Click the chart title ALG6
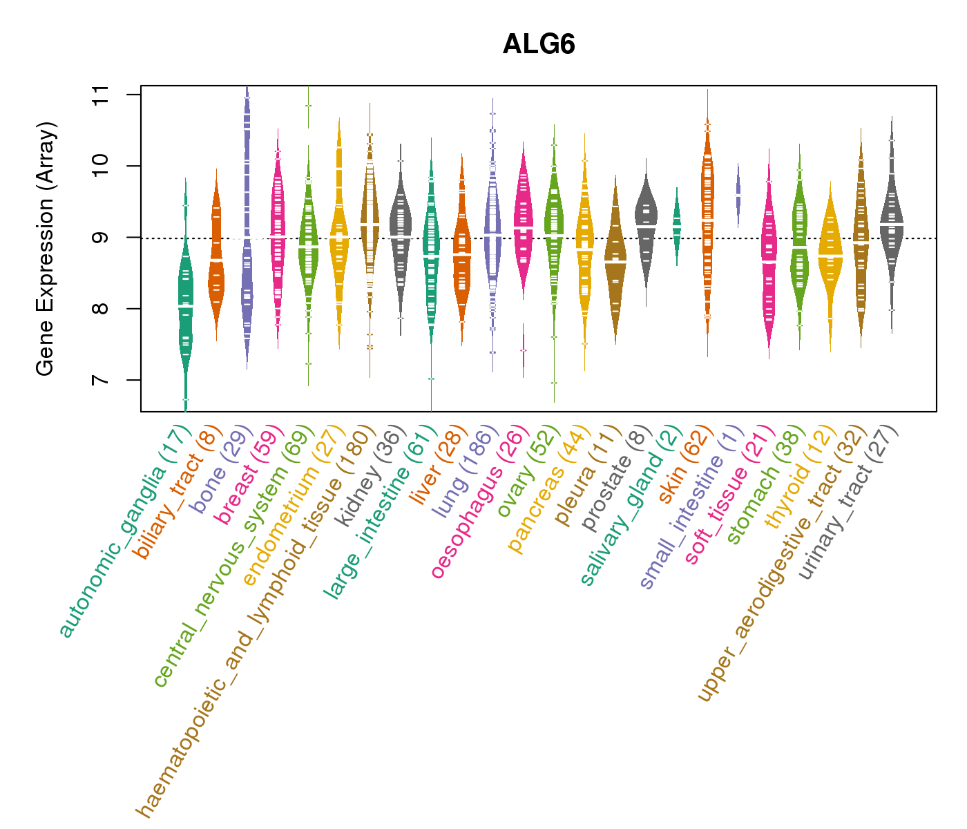[539, 45]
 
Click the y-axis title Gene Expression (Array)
[46, 249]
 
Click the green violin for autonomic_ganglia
[185, 304]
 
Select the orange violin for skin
[707, 221]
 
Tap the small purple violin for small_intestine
[738, 195]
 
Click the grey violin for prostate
[646, 221]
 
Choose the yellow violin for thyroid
[830, 256]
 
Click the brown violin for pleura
[615, 263]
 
